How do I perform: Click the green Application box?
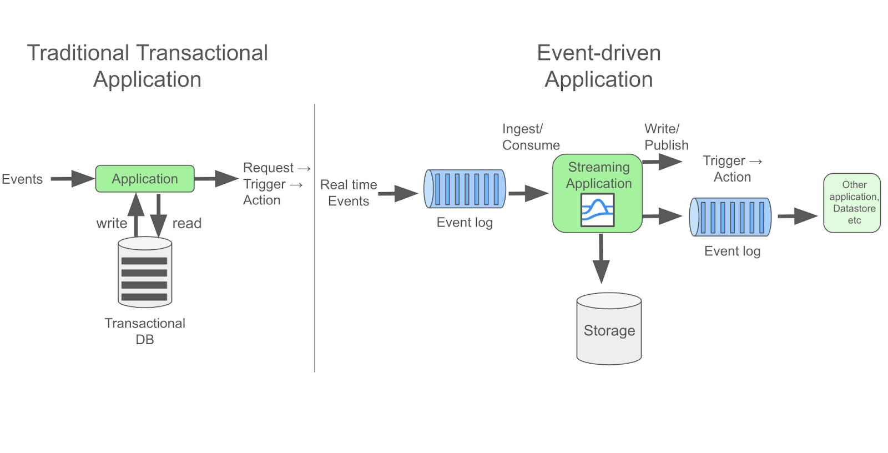click(145, 179)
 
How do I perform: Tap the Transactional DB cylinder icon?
click(145, 273)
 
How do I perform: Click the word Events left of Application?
click(22, 179)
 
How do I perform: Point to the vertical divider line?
click(315, 239)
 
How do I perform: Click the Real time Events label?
click(349, 193)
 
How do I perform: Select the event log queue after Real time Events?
click(465, 189)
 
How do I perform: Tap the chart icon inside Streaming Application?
click(598, 210)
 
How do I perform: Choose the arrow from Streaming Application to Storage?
click(601, 259)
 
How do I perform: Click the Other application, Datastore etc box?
click(852, 203)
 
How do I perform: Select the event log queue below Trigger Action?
click(730, 217)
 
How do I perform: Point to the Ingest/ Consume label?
click(530, 137)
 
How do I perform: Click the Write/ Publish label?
click(666, 137)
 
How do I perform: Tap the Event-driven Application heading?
click(599, 66)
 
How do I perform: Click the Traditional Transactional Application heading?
click(147, 66)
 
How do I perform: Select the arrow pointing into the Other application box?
click(797, 217)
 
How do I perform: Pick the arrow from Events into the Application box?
click(73, 179)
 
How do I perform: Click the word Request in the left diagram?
click(268, 168)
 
